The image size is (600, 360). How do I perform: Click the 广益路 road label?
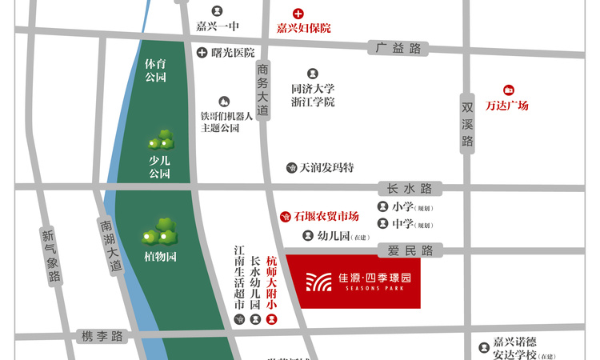click(398, 48)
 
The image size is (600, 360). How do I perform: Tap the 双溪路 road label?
click(468, 125)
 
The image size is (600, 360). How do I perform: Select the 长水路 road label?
click(409, 189)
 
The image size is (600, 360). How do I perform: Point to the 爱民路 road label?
click(410, 250)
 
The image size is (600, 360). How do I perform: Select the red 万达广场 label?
click(507, 105)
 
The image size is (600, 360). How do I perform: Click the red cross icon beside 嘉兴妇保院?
click(298, 14)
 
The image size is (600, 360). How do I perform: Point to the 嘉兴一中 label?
click(218, 26)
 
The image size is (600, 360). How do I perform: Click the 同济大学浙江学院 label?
click(313, 95)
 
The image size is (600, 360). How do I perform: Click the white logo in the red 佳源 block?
click(318, 281)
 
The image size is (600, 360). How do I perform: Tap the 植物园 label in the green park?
click(160, 257)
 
